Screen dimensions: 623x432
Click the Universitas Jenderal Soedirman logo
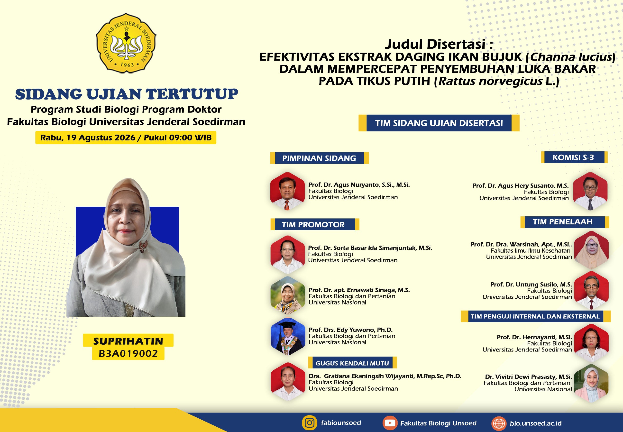(x=126, y=43)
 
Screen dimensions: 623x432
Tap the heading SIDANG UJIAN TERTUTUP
(x=126, y=94)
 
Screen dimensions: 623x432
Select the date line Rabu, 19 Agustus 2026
(x=88, y=138)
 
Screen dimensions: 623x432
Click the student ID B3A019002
(x=128, y=353)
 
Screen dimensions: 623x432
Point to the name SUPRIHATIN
(x=128, y=341)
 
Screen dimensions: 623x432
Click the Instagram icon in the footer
(x=309, y=423)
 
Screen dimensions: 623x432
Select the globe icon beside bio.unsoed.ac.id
(x=499, y=423)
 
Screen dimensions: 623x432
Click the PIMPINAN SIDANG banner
(x=319, y=158)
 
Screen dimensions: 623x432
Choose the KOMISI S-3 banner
(x=574, y=157)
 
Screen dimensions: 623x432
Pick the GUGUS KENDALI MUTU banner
(x=352, y=363)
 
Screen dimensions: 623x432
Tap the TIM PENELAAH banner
(x=565, y=222)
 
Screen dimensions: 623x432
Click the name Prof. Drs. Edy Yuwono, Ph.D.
(x=350, y=330)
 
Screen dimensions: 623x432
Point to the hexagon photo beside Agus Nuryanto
(x=287, y=191)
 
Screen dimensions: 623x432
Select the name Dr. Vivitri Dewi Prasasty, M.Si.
(x=528, y=377)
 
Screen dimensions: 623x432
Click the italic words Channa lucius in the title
(x=571, y=57)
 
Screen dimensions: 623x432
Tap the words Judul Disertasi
(x=435, y=44)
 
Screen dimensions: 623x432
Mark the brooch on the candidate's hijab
(x=143, y=245)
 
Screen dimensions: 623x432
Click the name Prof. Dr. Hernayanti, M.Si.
(x=534, y=337)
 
